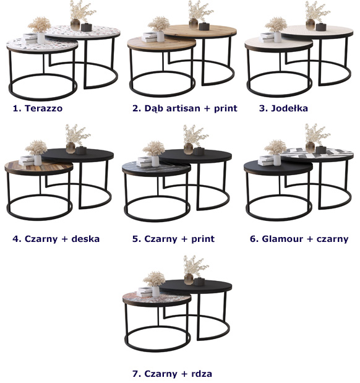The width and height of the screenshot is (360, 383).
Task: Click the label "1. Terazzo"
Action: pos(38,108)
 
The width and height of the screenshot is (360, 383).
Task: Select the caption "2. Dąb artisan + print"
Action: pos(185,108)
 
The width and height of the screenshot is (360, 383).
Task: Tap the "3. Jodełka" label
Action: pos(283,108)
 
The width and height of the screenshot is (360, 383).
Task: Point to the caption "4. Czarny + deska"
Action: pos(56,239)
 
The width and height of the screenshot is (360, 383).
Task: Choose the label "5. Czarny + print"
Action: pos(173,239)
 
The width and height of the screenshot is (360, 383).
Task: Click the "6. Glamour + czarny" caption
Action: pos(299,239)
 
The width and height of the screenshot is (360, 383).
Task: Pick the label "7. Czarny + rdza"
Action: pos(172,374)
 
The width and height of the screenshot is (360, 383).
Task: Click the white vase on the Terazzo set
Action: pos(41,38)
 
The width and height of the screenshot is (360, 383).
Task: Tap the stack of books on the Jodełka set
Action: pos(267,38)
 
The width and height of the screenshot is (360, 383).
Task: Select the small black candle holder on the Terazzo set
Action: pos(86,27)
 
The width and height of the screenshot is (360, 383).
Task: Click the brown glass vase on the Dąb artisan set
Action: pos(193,24)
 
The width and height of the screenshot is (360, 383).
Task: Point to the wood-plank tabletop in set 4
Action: pos(38,167)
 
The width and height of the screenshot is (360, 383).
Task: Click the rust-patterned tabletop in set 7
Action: pos(156,298)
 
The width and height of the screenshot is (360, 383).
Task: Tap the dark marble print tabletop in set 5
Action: pos(156,168)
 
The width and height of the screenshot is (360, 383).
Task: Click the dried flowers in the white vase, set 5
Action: pos(153,148)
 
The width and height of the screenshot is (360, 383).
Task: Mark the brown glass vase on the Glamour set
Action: pos(310,147)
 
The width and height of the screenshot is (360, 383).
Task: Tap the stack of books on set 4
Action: pos(27,161)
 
